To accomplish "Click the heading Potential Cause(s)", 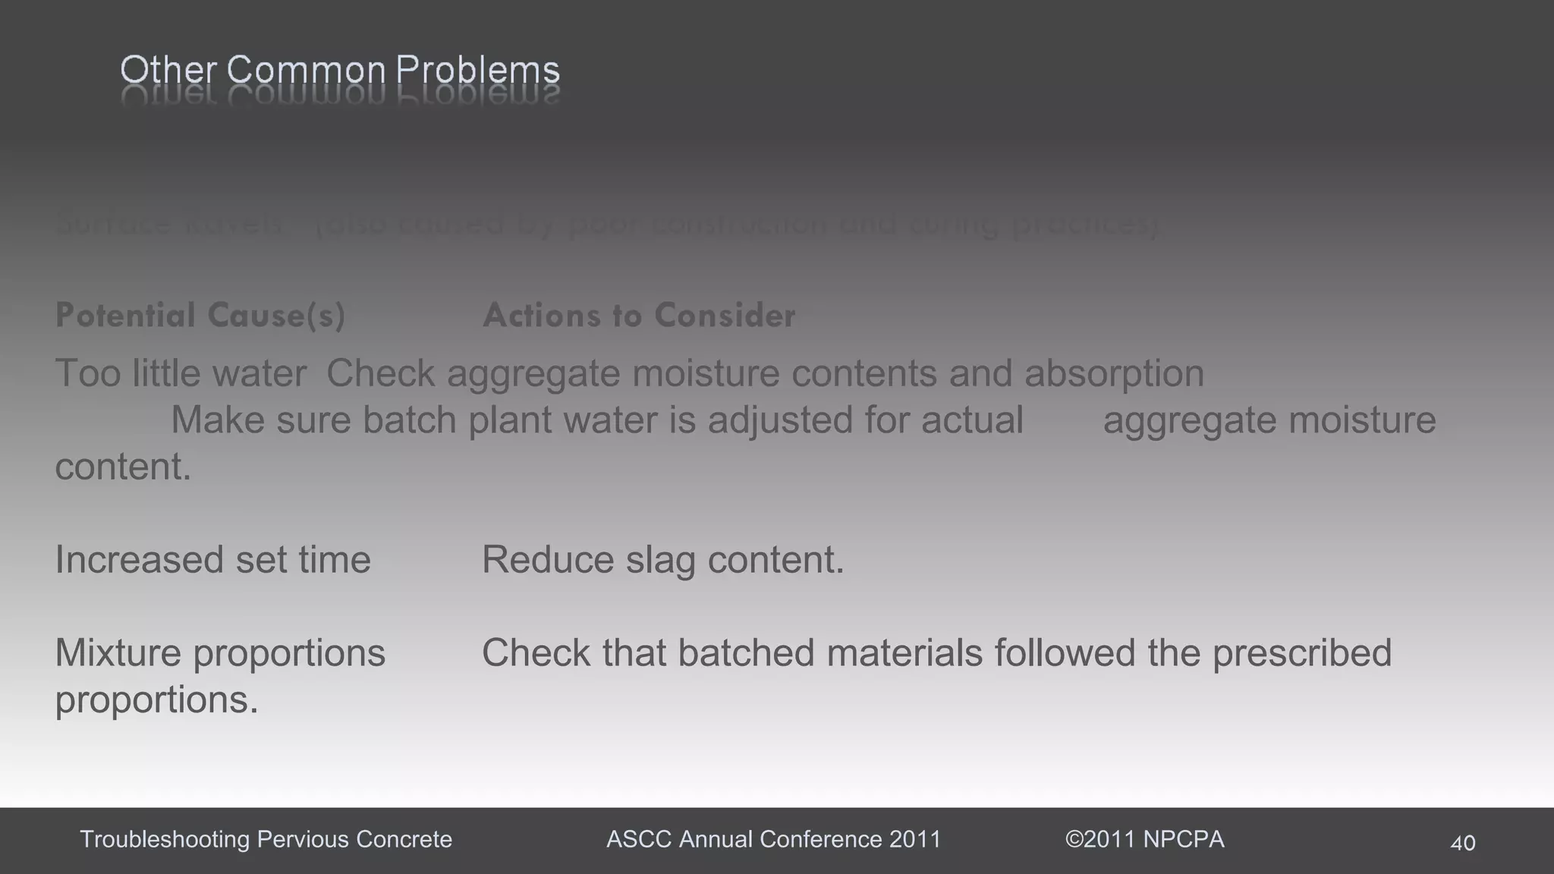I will (200, 316).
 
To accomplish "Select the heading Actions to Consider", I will (639, 316).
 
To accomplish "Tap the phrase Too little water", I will (181, 373).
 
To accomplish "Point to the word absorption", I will (1114, 373).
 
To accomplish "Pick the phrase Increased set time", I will (213, 560).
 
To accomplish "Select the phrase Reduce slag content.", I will (662, 560).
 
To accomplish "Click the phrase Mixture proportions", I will (220, 653).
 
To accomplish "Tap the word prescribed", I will (1301, 653).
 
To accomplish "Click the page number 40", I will (1462, 843).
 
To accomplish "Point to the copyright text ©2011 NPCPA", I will (1144, 839).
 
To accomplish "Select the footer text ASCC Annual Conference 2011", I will (773, 839).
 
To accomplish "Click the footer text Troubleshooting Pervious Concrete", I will (266, 839).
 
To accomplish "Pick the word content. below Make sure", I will (123, 467).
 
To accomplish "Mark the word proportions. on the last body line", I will (157, 700).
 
